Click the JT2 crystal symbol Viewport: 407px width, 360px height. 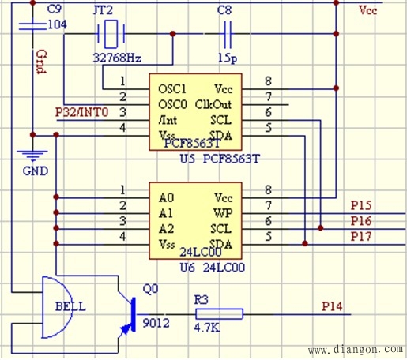(111, 34)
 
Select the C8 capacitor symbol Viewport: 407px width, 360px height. (228, 34)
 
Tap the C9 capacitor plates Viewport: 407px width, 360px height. (32, 27)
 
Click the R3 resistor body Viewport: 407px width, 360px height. (219, 314)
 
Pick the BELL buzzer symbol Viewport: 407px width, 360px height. (58, 307)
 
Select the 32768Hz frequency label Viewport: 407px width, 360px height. (118, 58)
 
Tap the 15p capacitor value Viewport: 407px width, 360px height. (228, 58)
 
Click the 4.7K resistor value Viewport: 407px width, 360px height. (207, 328)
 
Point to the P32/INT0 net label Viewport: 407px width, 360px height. (81, 112)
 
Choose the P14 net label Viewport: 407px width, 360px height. (332, 306)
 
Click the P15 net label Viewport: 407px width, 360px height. (361, 205)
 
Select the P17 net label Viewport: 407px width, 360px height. (361, 237)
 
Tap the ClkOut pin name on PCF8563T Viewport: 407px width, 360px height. (213, 104)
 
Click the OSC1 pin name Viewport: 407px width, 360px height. (172, 89)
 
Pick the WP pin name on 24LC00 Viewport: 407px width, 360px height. (223, 213)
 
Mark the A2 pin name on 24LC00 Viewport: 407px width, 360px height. (166, 229)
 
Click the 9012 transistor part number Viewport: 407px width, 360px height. (156, 323)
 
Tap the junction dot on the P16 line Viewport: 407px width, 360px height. (320, 228)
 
